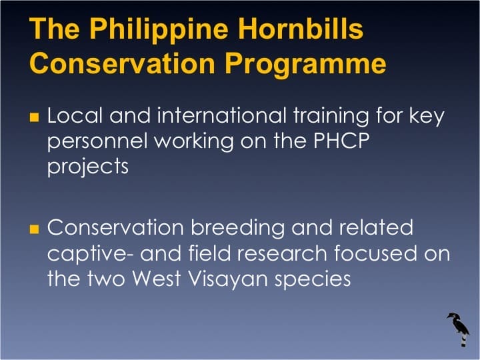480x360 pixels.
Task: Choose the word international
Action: pyautogui.click(x=224, y=116)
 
